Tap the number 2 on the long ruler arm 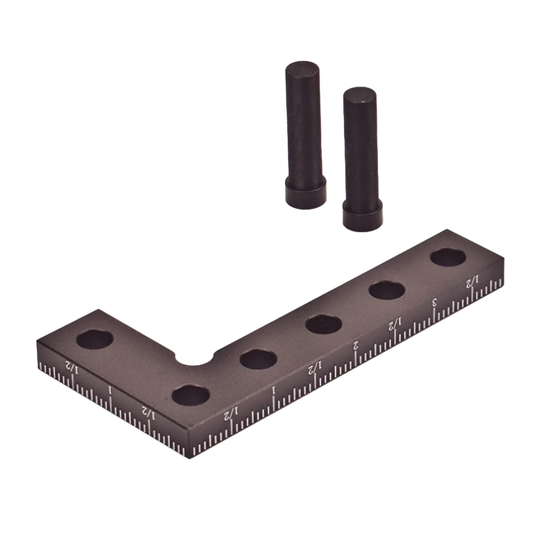pos(355,345)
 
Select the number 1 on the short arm pos(110,390)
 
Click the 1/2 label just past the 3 pos(473,281)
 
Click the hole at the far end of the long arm pos(448,257)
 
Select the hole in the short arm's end pos(94,339)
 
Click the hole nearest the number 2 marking pos(323,324)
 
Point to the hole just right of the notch pos(258,359)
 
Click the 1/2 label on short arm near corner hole pos(149,413)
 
